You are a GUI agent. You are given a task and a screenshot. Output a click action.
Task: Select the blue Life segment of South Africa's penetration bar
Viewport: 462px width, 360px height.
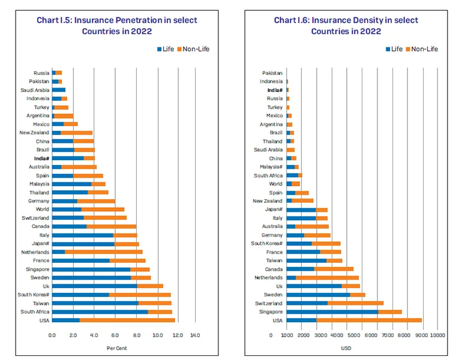(x=100, y=312)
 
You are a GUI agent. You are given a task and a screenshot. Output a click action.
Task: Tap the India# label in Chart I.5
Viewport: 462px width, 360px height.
(x=41, y=158)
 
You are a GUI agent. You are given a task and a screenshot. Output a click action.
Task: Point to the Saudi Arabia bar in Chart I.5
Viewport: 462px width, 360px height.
(x=59, y=90)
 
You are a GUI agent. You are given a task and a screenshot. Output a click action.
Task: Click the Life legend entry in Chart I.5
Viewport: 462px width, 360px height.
(x=166, y=49)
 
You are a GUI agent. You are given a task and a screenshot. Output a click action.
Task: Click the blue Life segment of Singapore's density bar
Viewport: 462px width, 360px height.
(x=332, y=312)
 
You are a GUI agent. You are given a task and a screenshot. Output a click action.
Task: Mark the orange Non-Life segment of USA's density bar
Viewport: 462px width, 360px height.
(x=369, y=320)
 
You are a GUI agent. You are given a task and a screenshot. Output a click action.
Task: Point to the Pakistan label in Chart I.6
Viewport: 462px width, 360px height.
(x=272, y=73)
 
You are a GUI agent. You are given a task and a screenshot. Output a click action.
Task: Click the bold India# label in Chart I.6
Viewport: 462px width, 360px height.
(x=275, y=90)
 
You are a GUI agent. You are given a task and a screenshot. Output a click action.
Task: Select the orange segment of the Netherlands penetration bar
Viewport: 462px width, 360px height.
(x=103, y=252)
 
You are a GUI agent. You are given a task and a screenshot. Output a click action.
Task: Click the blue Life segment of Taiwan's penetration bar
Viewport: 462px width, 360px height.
(x=95, y=304)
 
